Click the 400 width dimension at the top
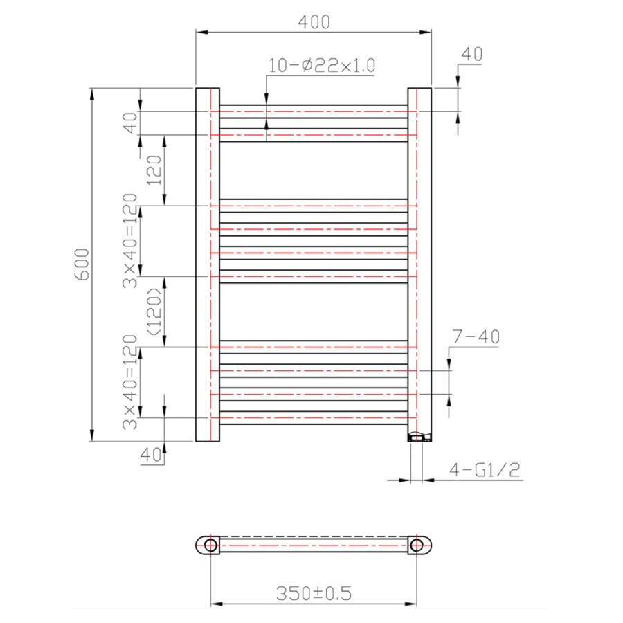tap(314, 21)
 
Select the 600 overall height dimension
tap(82, 264)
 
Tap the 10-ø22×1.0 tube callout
tap(322, 66)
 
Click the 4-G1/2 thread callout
tap(485, 471)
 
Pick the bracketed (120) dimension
tap(154, 311)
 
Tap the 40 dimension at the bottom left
tap(151, 455)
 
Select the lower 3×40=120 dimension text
tap(129, 382)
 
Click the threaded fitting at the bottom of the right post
tap(419, 437)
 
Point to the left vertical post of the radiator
tap(207, 263)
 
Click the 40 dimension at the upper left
tap(129, 123)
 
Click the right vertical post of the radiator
tap(419, 263)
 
